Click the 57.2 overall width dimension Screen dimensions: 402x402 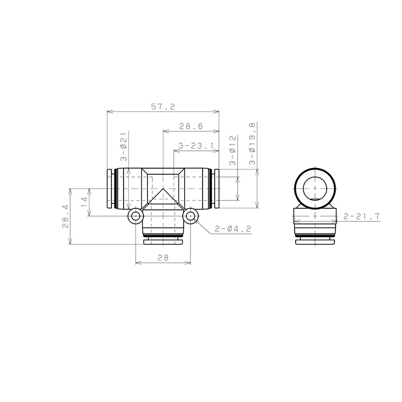coord(163,106)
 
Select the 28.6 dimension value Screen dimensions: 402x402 coord(191,126)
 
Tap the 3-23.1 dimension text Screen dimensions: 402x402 coord(196,146)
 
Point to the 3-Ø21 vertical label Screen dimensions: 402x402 coord(124,147)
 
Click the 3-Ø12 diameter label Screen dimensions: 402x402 coord(232,151)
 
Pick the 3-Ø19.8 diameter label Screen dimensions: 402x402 coord(252,143)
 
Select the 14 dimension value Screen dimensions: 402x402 coord(84,203)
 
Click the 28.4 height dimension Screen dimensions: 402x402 coord(65,216)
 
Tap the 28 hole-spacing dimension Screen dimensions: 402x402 coord(163,257)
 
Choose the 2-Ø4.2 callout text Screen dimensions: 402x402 coord(233,228)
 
